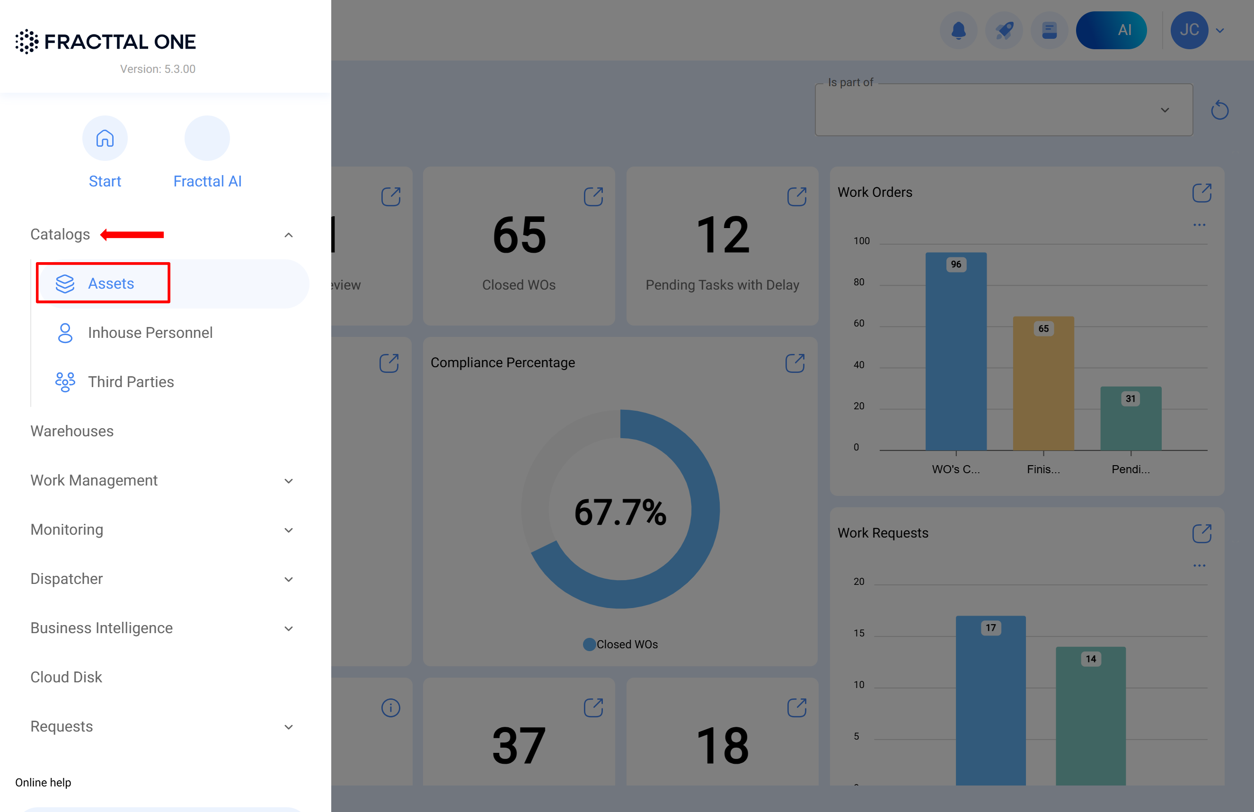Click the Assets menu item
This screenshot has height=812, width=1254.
[x=110, y=283]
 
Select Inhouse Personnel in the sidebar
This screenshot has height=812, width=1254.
[x=150, y=333]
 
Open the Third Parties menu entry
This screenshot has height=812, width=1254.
[x=130, y=381]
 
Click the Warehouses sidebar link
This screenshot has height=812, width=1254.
[x=71, y=431]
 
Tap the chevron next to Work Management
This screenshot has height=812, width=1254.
[x=288, y=481]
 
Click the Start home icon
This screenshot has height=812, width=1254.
[x=105, y=139]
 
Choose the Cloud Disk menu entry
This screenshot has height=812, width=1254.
[x=66, y=677]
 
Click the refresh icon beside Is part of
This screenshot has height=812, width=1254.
[x=1219, y=110]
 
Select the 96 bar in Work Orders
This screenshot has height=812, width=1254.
[x=956, y=353]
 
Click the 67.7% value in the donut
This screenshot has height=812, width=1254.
[x=620, y=512]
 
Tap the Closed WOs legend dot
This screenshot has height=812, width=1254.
[x=589, y=644]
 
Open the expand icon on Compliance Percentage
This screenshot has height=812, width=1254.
[x=795, y=363]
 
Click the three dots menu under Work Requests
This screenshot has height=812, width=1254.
[x=1199, y=566]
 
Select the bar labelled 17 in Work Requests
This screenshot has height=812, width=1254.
[x=990, y=701]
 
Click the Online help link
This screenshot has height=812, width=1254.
[x=43, y=783]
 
